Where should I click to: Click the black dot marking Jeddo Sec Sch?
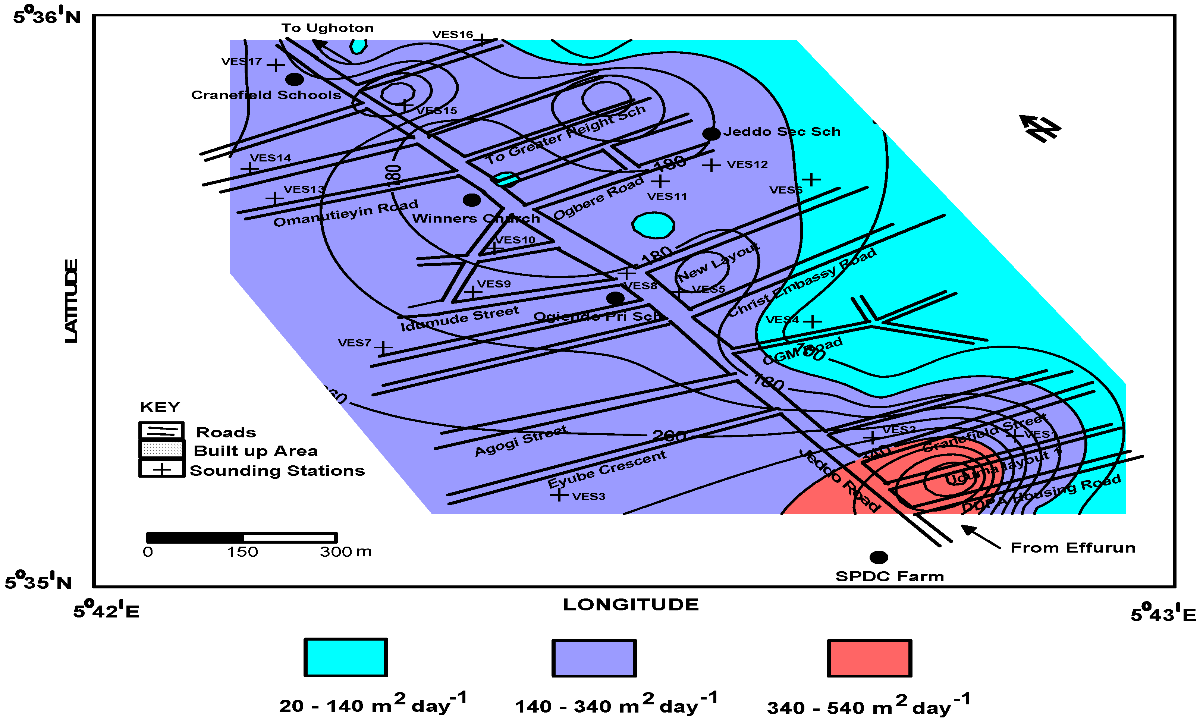click(711, 133)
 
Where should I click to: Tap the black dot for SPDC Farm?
click(879, 557)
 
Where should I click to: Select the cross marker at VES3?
click(559, 495)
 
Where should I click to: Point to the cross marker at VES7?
click(383, 348)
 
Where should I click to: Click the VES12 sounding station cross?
click(711, 166)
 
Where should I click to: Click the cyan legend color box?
click(345, 657)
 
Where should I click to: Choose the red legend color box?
click(869, 658)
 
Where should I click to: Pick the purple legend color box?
click(594, 658)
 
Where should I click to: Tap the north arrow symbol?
click(1040, 128)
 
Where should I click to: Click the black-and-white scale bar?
click(242, 538)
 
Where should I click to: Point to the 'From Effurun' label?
click(1073, 548)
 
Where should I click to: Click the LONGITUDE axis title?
click(631, 605)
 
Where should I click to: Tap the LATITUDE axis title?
click(71, 301)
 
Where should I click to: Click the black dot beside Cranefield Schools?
click(294, 79)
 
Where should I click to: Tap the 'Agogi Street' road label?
click(521, 441)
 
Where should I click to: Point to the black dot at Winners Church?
click(471, 199)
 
